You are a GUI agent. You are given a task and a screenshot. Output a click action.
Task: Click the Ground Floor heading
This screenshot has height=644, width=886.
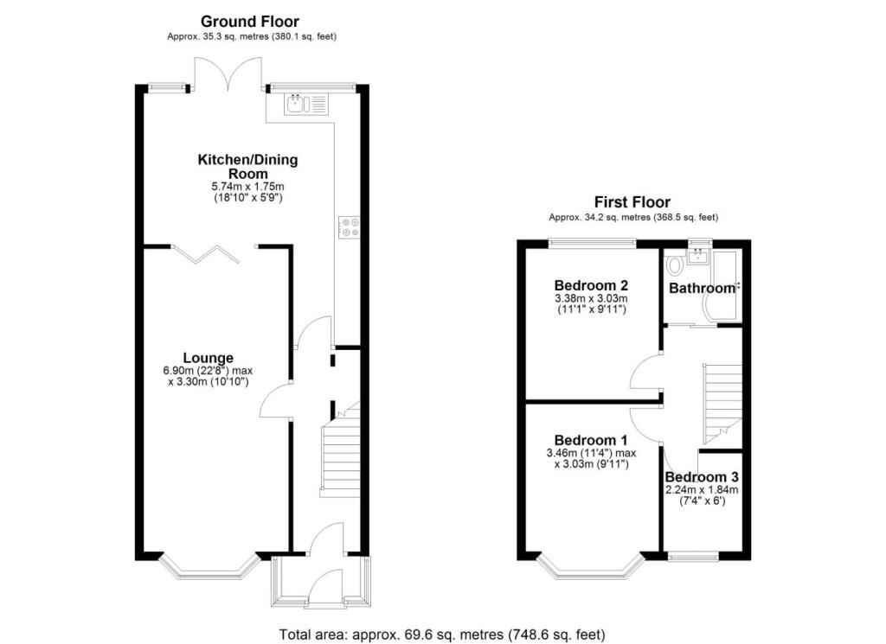[x=250, y=21]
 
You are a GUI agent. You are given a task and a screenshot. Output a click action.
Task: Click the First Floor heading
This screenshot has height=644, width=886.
[x=632, y=201]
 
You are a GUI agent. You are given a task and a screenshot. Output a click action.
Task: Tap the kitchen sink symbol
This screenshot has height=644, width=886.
[x=296, y=105]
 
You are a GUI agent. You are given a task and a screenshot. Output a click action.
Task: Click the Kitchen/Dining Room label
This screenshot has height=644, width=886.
[x=243, y=166]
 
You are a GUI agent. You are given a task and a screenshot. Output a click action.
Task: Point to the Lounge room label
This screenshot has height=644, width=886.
[x=208, y=357]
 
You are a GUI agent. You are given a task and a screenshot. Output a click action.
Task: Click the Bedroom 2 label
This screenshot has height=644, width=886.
[x=591, y=285]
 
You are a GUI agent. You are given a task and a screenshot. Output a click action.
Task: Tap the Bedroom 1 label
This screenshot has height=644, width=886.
[x=591, y=439]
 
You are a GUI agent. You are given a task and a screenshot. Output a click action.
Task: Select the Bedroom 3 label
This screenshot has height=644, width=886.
[x=702, y=477]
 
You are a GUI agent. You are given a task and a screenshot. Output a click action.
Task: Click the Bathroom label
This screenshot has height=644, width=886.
[x=702, y=288]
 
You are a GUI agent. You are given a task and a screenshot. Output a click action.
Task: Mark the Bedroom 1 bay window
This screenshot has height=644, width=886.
[x=591, y=567]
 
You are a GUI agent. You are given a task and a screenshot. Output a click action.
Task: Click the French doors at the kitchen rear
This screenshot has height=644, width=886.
[x=228, y=73]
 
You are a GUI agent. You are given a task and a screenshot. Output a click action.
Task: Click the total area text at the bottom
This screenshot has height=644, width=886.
[x=442, y=634]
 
